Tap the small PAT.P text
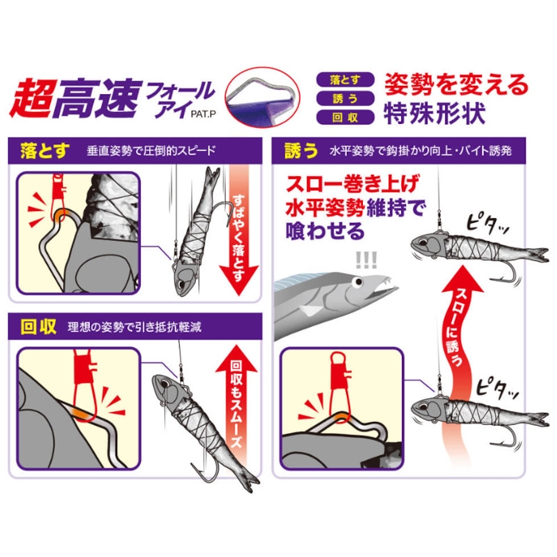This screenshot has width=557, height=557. coord(203,115)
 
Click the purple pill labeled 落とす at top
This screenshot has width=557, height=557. coord(345,80)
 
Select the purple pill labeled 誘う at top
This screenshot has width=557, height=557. coord(345,99)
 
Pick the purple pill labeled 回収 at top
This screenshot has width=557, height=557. coord(345,117)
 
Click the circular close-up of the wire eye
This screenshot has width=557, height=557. coord(262,96)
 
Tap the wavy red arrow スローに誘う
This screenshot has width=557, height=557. coord(459,355)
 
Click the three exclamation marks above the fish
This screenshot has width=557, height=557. coord(366,260)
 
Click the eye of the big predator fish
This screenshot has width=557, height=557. coord(357,282)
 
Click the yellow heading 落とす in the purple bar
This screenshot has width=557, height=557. coord(45,150)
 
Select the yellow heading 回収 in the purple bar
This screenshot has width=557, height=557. coord(38,326)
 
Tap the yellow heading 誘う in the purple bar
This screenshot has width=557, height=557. coord(301,150)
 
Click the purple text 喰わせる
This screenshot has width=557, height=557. coord(325,231)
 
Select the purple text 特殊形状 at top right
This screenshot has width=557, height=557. coord(434,114)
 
